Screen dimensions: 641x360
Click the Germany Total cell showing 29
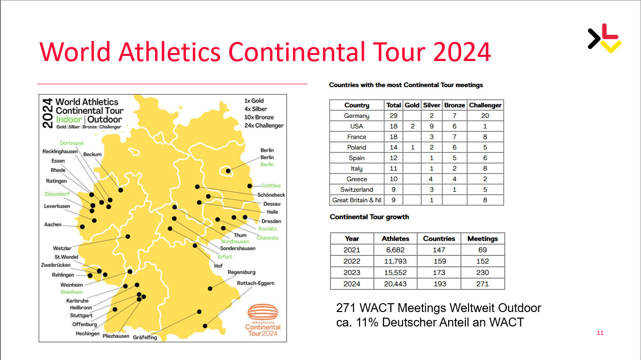pos(394,115)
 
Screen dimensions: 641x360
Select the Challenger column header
pos(485,105)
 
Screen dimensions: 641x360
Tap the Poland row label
pos(356,147)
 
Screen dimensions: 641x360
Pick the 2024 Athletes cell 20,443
pos(395,284)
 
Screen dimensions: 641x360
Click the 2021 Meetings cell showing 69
pos(483,250)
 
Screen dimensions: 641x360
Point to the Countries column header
pos(439,238)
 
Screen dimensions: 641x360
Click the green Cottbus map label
pos(271,185)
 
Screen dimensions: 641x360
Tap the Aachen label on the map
pos(53,224)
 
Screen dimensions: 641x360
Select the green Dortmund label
pos(72,143)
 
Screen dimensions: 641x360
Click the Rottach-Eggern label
pos(256,283)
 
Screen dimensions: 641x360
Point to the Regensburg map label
pos(241,272)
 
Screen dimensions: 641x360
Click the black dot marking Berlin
pos(228,171)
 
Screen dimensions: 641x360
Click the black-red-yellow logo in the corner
pos(604,38)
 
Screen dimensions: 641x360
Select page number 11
pos(600,333)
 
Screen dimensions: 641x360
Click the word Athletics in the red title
pos(170,52)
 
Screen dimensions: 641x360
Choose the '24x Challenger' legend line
pos(264,125)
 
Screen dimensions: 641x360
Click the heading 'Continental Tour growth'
pos(369,217)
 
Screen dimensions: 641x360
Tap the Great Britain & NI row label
pos(356,200)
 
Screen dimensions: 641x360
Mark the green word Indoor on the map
pos(69,119)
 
